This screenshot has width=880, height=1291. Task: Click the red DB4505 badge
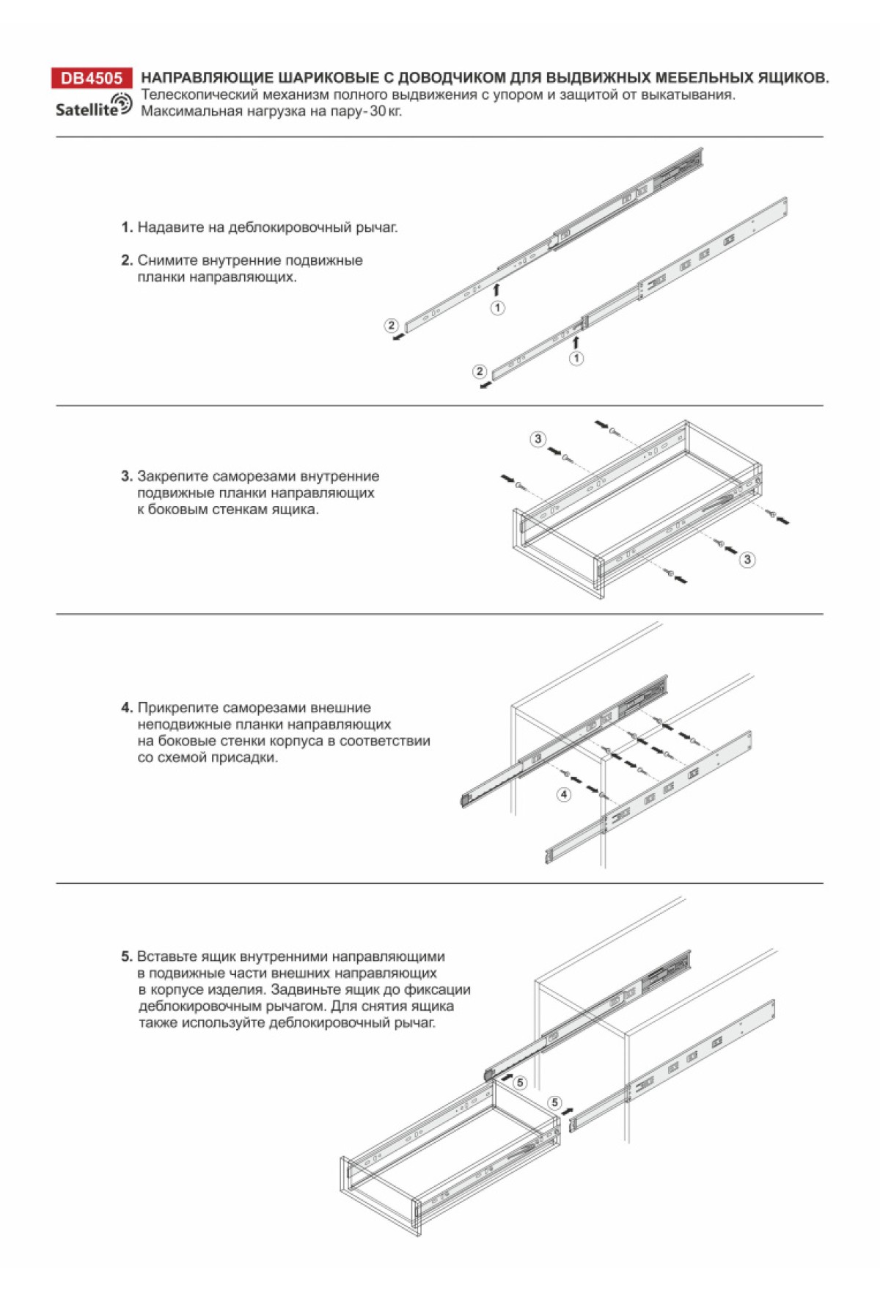(x=92, y=78)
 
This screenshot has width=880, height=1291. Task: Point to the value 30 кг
(x=386, y=111)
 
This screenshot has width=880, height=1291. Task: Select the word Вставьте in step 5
(x=164, y=957)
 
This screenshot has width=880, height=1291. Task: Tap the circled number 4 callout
(x=563, y=794)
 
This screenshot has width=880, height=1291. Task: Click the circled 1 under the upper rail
(x=497, y=307)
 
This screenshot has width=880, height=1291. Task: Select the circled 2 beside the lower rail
(x=480, y=371)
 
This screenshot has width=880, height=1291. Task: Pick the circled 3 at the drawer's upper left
(x=538, y=439)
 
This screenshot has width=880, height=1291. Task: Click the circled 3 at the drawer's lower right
(x=747, y=560)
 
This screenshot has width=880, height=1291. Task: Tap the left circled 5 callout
(x=520, y=1083)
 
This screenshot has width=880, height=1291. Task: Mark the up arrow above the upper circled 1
(x=496, y=289)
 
